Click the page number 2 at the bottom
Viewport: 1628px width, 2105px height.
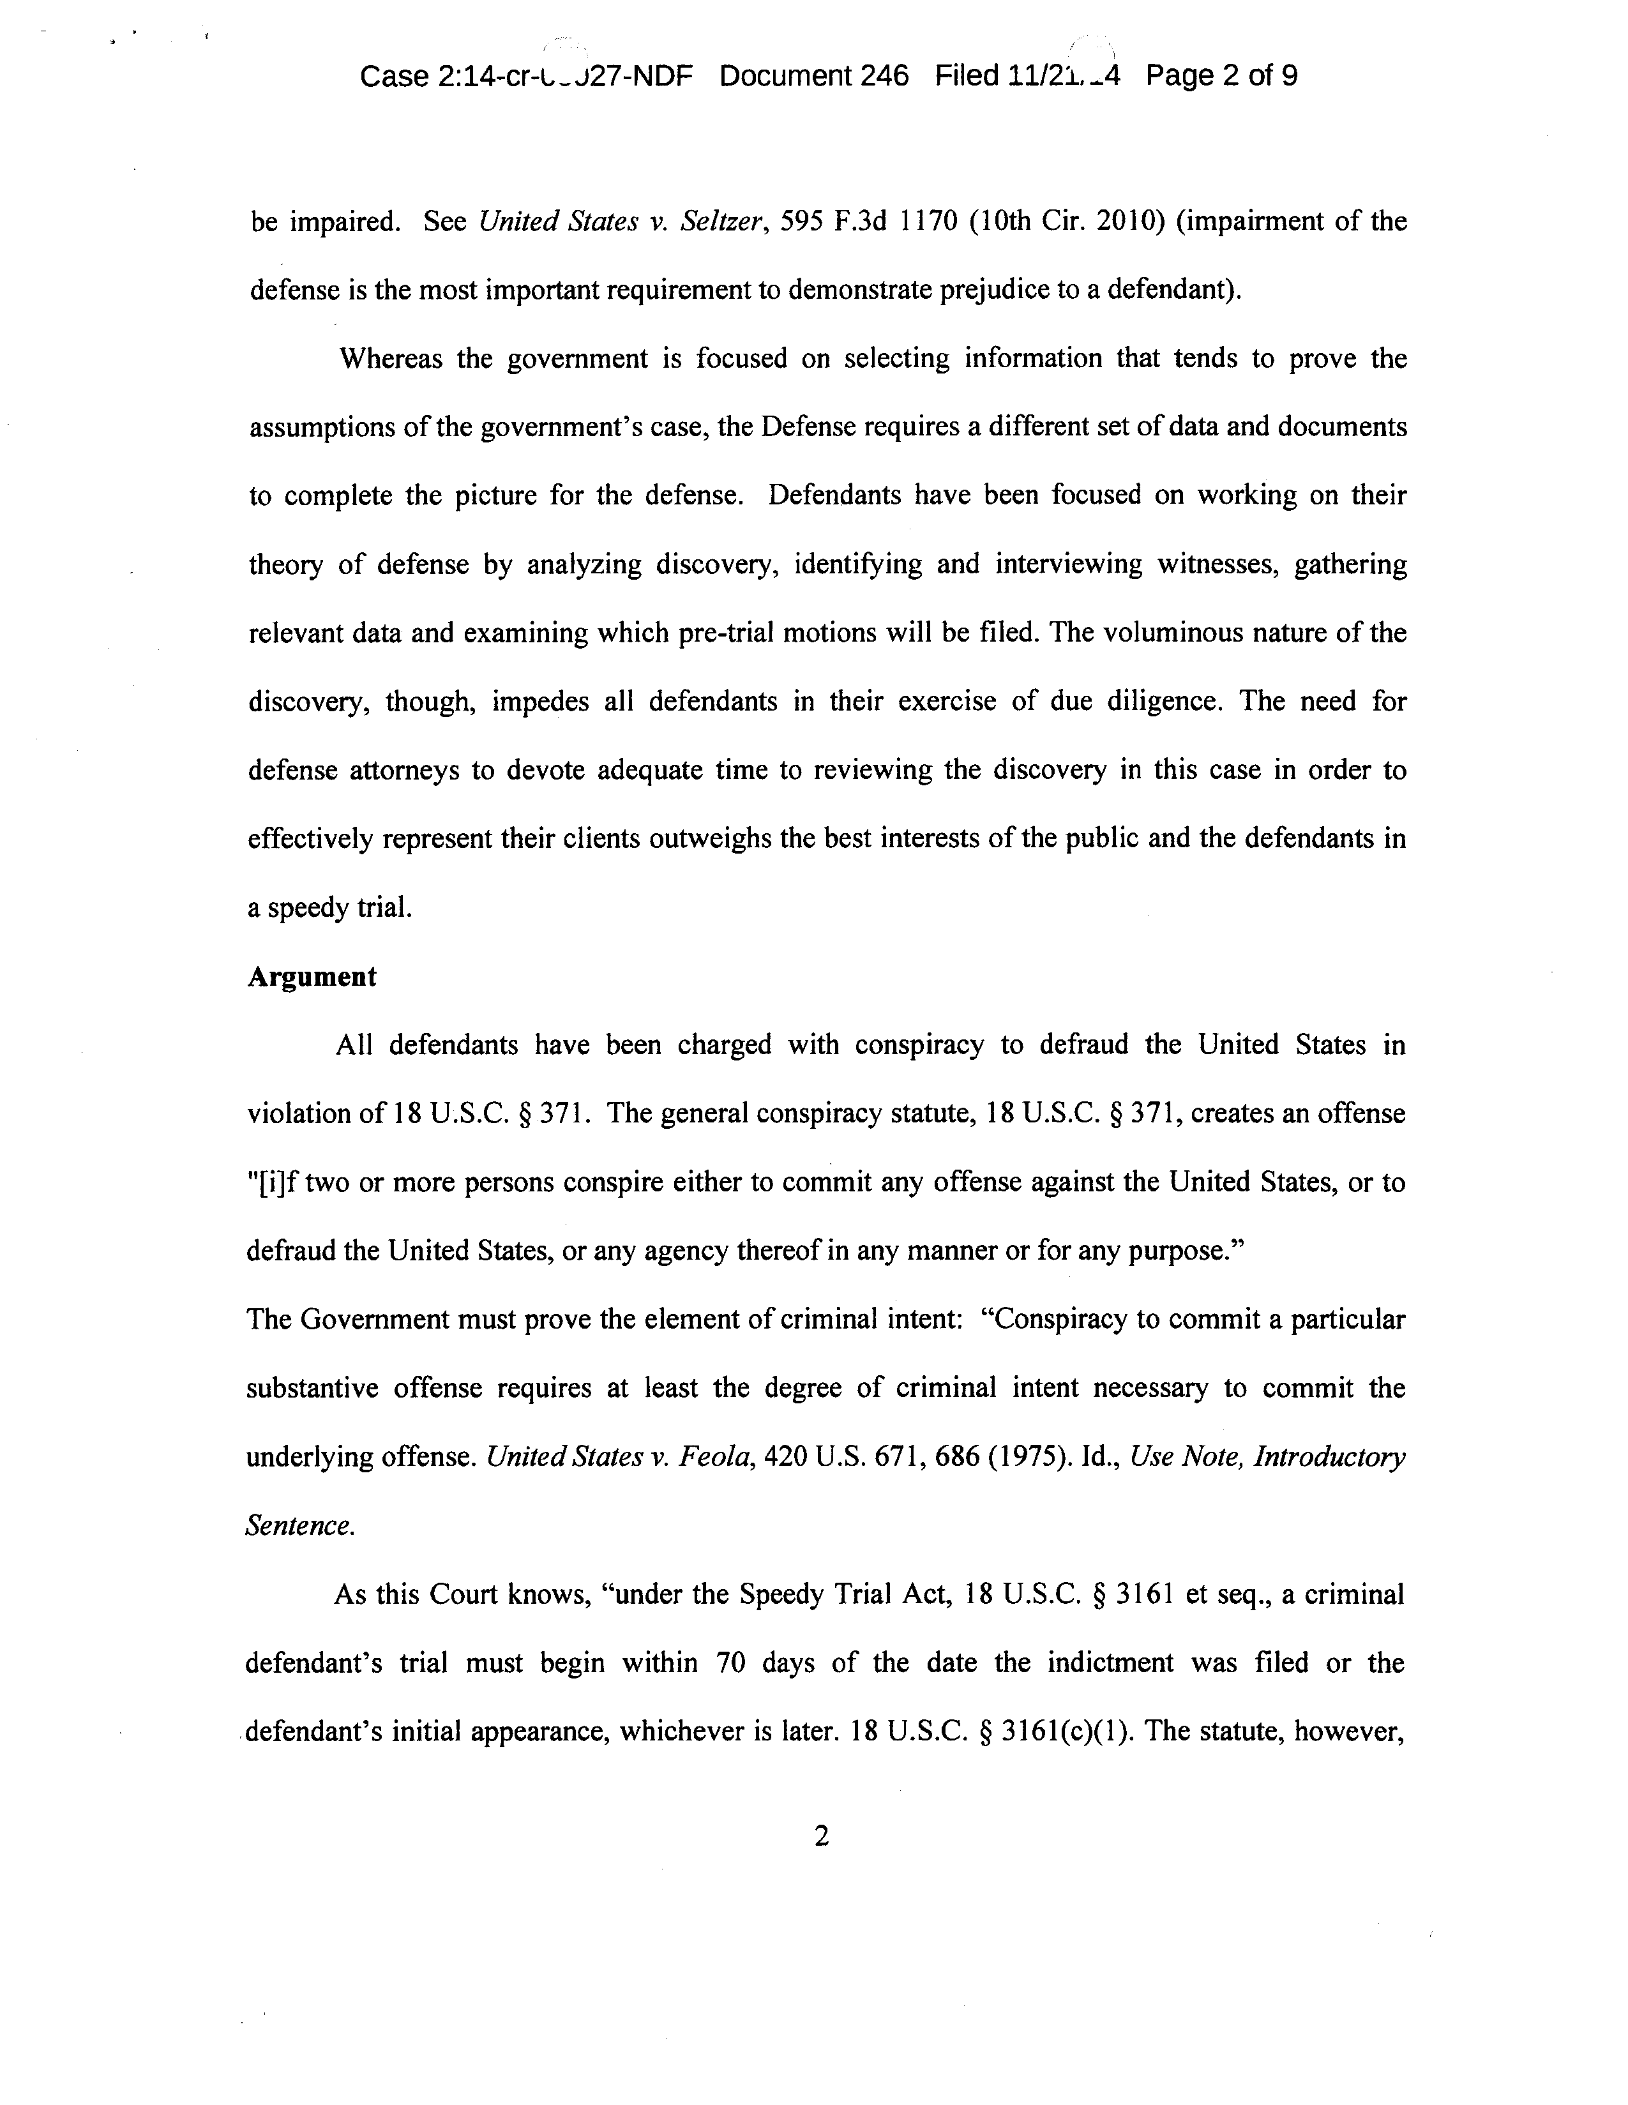coord(821,1837)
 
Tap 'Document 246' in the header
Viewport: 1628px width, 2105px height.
coord(813,76)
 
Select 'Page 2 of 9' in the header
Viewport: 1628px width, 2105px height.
coord(1221,76)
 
